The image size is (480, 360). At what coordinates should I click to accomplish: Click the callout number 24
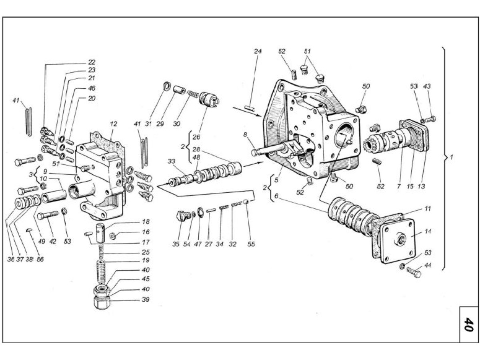point(258,51)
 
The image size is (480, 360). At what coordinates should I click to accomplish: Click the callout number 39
point(146,299)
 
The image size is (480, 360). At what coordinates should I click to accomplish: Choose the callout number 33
point(172,161)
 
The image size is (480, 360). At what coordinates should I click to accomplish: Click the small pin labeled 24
point(250,108)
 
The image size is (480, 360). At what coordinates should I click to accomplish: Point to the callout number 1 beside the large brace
point(451,158)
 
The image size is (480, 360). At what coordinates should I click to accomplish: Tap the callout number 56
point(40,259)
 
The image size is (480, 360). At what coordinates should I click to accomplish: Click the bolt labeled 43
point(431,118)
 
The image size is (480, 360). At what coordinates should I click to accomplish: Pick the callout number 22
point(92,62)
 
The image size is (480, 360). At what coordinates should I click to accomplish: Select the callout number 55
point(251,244)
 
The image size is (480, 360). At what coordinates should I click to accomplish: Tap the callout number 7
point(398,187)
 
